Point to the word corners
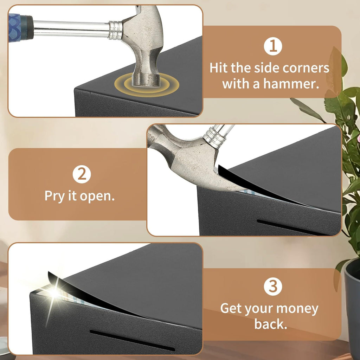coord(306,68)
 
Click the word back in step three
coord(271,324)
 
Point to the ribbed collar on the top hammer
coord(115,30)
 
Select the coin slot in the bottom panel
coord(132,340)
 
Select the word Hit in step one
coord(219,68)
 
